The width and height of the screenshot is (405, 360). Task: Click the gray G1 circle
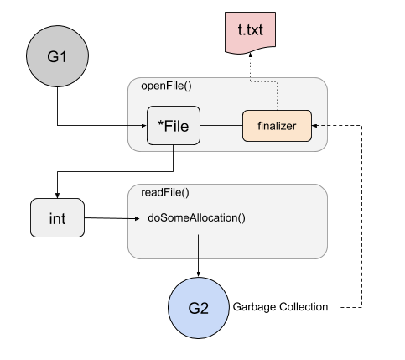pos(57,56)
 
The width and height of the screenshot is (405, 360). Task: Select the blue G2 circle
pos(199,308)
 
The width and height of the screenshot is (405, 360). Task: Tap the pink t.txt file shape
pos(250,32)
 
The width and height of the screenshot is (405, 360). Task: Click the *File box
pos(174,126)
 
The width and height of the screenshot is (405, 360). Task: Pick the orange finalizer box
pos(277,126)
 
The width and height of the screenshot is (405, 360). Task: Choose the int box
pos(57,218)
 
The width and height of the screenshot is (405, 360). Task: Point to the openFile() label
pos(166,86)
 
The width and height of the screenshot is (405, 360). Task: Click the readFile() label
pos(165,192)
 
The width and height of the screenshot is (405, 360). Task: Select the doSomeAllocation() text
pos(196,217)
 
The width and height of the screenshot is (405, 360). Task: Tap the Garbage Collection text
pos(280,307)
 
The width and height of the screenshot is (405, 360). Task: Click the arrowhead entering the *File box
pos(144,125)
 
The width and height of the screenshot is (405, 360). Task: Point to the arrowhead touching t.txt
pos(251,55)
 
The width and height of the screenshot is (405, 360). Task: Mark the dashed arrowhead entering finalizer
pos(314,126)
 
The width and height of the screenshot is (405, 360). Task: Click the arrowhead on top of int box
pos(57,196)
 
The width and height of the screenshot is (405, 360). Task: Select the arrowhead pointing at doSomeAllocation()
pos(137,218)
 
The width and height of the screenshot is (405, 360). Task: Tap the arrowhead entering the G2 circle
pos(199,274)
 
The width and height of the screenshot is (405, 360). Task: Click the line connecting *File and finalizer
pos(221,126)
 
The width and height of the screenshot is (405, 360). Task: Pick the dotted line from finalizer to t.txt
pos(264,81)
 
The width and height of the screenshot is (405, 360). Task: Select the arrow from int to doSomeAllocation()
pos(112,218)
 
